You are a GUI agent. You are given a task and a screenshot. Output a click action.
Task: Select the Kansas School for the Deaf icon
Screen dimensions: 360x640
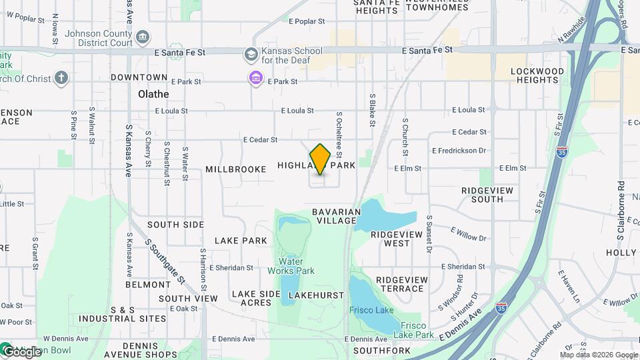pyautogui.click(x=251, y=53)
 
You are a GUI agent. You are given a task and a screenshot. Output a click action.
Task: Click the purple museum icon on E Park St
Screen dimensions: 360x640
pyautogui.click(x=256, y=79)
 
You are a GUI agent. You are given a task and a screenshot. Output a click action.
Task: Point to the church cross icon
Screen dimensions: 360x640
pyautogui.click(x=61, y=79)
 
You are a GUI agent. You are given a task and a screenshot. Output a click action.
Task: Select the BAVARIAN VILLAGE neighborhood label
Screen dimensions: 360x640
pyautogui.click(x=337, y=216)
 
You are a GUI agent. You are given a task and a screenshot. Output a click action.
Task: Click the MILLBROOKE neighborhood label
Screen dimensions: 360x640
pyautogui.click(x=236, y=169)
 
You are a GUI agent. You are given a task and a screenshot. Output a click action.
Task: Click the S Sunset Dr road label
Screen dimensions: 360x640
pyautogui.click(x=430, y=234)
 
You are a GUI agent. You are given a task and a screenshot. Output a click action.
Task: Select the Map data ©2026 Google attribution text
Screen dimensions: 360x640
pyautogui.click(x=598, y=354)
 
